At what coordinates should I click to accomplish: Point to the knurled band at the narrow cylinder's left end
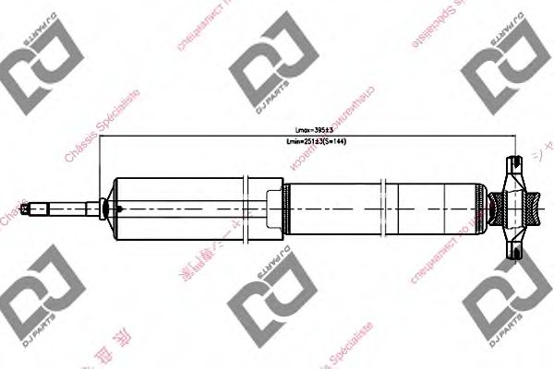(x=286, y=208)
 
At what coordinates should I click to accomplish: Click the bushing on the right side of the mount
(x=534, y=208)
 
